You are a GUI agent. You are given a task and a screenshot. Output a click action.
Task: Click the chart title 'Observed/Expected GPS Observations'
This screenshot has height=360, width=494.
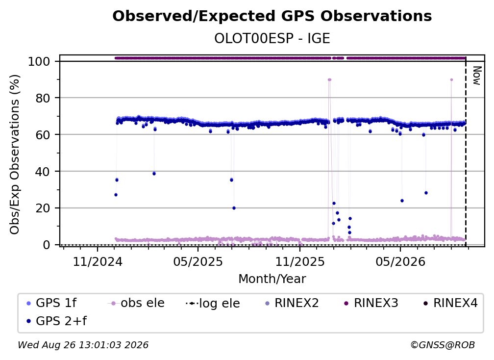pos(272,16)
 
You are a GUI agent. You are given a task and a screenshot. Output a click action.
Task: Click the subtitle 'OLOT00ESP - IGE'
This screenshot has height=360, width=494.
pos(272,38)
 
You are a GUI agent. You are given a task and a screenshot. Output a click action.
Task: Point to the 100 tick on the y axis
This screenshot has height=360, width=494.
pos(39,61)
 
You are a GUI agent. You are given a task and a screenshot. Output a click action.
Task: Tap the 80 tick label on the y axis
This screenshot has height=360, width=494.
pos(43,98)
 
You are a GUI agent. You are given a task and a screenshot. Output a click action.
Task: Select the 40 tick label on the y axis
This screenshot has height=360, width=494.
pos(43,172)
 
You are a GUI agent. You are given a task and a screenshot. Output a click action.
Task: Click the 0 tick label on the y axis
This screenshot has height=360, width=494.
pos(47,245)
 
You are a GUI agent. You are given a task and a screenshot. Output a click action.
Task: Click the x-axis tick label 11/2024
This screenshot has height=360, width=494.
pos(98,261)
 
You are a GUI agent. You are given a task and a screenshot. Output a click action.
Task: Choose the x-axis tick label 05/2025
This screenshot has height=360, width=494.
pos(198,261)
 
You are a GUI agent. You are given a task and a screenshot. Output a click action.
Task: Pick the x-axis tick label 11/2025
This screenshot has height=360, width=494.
pos(300,261)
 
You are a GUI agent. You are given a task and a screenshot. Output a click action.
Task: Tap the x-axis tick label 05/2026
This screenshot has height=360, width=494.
pos(400,261)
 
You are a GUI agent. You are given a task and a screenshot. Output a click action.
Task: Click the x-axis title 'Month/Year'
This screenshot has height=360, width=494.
pos(272,279)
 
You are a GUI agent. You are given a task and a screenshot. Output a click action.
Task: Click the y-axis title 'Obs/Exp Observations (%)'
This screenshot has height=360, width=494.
pos(15,154)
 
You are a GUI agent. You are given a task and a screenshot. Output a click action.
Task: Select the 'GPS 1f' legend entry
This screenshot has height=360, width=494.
pos(51,303)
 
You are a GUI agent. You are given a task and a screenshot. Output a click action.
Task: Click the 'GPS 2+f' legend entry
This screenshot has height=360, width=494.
pos(56,321)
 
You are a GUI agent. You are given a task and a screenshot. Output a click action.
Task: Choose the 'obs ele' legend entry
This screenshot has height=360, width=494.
pos(136,303)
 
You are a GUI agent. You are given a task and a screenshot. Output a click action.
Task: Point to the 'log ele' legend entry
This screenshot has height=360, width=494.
pos(213,303)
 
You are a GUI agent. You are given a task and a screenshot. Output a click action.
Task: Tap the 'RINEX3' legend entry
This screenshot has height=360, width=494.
pos(371,303)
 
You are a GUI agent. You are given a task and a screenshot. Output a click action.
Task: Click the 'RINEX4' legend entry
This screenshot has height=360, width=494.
pos(450,303)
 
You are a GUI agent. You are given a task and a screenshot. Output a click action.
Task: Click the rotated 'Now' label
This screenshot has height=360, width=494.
pos(477,76)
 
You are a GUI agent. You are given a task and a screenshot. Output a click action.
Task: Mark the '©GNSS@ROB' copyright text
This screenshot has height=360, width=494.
pos(443,345)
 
